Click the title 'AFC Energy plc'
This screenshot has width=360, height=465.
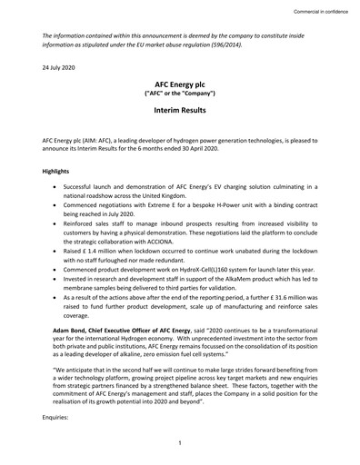tap(179, 83)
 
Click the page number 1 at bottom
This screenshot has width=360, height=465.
tap(180, 441)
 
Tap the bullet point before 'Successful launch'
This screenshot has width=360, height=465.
tap(60, 183)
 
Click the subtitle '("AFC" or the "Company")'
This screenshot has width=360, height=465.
tap(179, 93)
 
